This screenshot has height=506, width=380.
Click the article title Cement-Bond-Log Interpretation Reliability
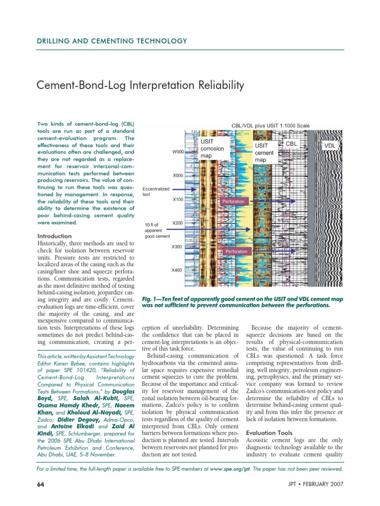coord(141,85)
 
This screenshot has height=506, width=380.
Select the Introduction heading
coord(55,236)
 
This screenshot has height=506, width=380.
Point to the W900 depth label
coord(178,152)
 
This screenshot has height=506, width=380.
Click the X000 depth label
coord(178,175)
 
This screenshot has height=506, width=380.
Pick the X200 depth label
coord(178,223)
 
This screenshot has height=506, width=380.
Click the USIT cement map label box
coord(264,153)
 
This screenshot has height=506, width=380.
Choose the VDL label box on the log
coord(329,146)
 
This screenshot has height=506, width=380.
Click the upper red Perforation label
coord(233,202)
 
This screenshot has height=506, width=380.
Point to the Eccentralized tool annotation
coord(156,191)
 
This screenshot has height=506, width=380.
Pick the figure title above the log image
coord(271,126)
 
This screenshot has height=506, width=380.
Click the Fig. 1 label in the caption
coord(152,299)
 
